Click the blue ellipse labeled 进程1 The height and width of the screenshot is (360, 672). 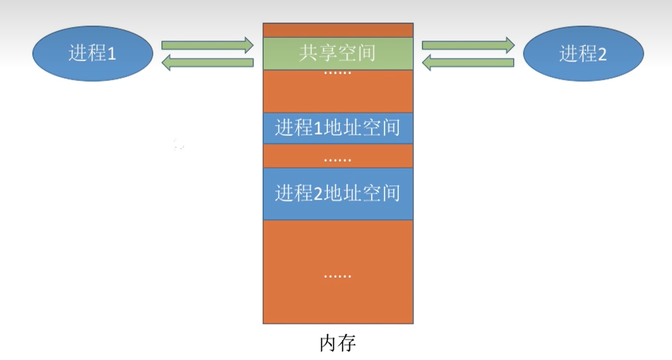pyautogui.click(x=93, y=53)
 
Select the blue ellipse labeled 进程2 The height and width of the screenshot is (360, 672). pyautogui.click(x=583, y=54)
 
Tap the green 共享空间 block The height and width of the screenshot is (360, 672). pyautogui.click(x=338, y=53)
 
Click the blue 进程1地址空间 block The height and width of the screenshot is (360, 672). pyautogui.click(x=338, y=129)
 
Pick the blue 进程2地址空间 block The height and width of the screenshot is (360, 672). pyautogui.click(x=338, y=193)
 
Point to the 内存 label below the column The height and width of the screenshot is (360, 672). pyautogui.click(x=338, y=343)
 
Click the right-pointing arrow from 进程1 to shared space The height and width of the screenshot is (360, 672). pyautogui.click(x=207, y=45)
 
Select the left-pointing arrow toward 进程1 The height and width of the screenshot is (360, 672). pyautogui.click(x=207, y=62)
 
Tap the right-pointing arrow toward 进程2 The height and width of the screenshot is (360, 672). pyautogui.click(x=468, y=45)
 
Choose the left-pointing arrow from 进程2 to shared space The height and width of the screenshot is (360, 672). pyautogui.click(x=468, y=62)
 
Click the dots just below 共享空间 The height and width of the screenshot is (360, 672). pyautogui.click(x=338, y=74)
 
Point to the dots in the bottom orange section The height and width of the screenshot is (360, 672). pyautogui.click(x=338, y=276)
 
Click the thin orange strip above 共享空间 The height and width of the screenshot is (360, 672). pyautogui.click(x=338, y=30)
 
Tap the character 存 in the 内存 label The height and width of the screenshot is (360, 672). pyautogui.click(x=347, y=343)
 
